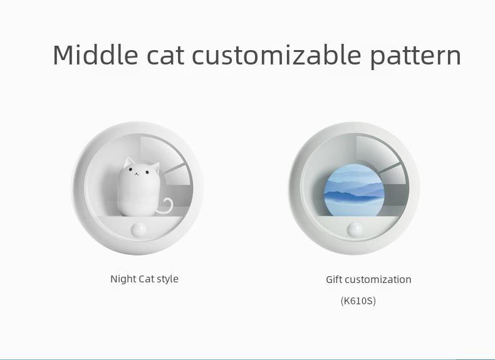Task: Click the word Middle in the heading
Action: point(95,54)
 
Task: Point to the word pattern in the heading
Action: point(415,57)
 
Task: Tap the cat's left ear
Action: point(128,162)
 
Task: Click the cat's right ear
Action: point(155,167)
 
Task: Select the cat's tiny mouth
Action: point(137,173)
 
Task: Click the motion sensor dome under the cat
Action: point(139,229)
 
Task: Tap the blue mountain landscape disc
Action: point(354,190)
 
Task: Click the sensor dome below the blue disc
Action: point(355,229)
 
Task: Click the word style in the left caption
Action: point(167,279)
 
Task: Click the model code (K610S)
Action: point(358,301)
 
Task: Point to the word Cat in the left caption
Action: point(146,279)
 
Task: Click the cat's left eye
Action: point(130,170)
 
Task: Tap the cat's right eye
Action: point(147,172)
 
